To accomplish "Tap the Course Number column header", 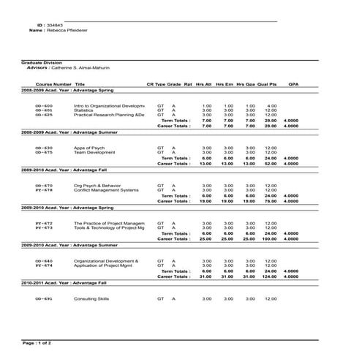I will tap(53, 84).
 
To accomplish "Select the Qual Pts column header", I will tap(268, 84).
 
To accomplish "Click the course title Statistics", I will tap(85, 110).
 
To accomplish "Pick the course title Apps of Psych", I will tap(89, 148).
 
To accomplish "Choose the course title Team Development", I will tap(94, 152).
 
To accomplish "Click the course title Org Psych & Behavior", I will tap(97, 186).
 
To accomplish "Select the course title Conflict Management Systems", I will tap(106, 190).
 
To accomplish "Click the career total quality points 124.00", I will tap(269, 276).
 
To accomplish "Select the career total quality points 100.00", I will tap(269, 238).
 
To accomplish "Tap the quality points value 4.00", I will tap(271, 106).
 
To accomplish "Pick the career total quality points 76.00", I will tap(270, 201).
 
